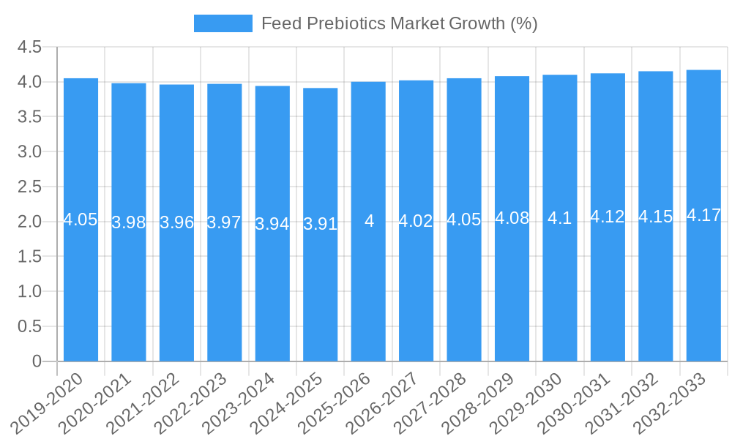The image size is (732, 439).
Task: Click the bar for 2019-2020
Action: pyautogui.click(x=81, y=219)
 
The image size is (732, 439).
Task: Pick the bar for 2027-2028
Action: pyautogui.click(x=464, y=219)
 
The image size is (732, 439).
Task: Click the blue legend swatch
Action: pyautogui.click(x=223, y=23)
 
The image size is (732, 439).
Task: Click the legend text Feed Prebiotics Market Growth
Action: pyautogui.click(x=399, y=23)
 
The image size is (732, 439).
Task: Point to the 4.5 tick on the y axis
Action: pyautogui.click(x=29, y=48)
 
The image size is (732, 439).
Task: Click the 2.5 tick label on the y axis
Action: pyautogui.click(x=29, y=187)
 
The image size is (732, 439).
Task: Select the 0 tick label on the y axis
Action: pyautogui.click(x=37, y=361)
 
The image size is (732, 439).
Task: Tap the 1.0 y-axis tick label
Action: pyautogui.click(x=29, y=292)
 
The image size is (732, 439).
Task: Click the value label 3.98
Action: pyautogui.click(x=129, y=222)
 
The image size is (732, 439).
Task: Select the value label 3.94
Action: pyautogui.click(x=272, y=224)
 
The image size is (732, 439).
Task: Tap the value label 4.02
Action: pyautogui.click(x=416, y=221)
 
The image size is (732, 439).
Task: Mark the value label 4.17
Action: pyautogui.click(x=703, y=216)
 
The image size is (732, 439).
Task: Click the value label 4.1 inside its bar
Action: pyautogui.click(x=560, y=218)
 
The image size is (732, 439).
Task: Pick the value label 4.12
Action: pyautogui.click(x=608, y=217)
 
